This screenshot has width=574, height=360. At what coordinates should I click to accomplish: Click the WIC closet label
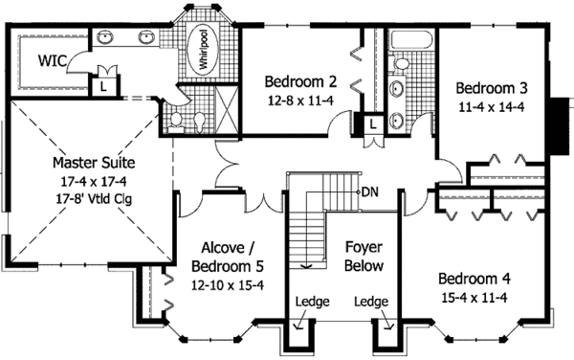tap(52, 59)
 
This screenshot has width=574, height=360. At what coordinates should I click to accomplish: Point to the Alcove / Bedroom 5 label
tap(227, 257)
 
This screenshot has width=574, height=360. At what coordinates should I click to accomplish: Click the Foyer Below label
tap(363, 257)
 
